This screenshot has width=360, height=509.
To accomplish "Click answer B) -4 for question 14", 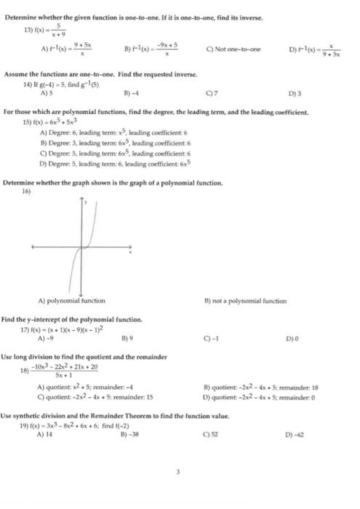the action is tap(132, 93).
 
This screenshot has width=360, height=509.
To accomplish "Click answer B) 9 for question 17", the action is tap(132, 338).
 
